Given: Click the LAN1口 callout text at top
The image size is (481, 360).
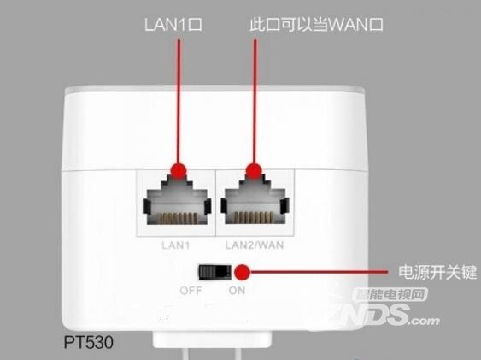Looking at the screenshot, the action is coord(173,25).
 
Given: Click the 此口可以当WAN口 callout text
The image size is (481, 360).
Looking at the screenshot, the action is coord(316,25).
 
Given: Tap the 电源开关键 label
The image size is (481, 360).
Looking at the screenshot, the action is coord(437,272).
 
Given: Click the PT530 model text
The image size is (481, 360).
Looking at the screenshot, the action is coord(89,342).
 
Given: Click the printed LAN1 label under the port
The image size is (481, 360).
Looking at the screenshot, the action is coord(176,245).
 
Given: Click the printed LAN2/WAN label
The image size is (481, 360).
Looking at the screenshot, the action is coord(255,245).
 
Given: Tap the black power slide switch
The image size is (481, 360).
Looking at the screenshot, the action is coord(215,272).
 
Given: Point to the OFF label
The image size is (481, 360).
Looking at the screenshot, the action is coord(191,291).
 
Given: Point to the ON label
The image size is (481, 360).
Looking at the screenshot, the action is coord(237,291).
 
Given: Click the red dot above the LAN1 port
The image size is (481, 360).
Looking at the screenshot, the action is coord(179,170).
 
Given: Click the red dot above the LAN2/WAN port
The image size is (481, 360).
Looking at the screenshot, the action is coord(254,170).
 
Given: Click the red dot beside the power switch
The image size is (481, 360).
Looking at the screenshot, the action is coord(243,272).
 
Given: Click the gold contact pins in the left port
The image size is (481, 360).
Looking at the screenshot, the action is coord(178,217).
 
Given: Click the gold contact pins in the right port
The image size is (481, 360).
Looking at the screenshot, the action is coord(254,217).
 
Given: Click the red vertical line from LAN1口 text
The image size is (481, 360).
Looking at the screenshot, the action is coord(179,101).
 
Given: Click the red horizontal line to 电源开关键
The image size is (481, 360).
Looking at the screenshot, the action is coord(319,272).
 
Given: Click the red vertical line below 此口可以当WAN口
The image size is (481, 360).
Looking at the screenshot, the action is coord(255,101).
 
